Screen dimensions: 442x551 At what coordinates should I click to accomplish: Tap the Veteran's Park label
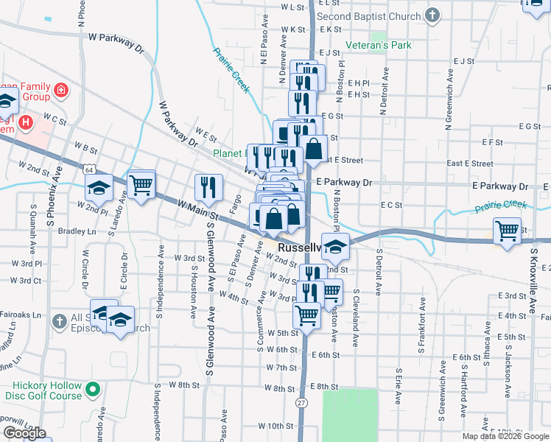point(390,46)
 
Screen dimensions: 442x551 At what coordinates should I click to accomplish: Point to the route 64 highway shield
point(89,170)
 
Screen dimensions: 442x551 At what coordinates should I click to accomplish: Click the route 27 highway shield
point(301,403)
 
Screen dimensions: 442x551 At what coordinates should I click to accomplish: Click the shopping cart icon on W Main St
point(141,184)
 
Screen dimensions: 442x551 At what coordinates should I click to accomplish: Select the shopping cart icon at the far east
point(507,231)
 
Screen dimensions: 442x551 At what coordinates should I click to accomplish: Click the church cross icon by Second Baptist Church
point(432,15)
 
